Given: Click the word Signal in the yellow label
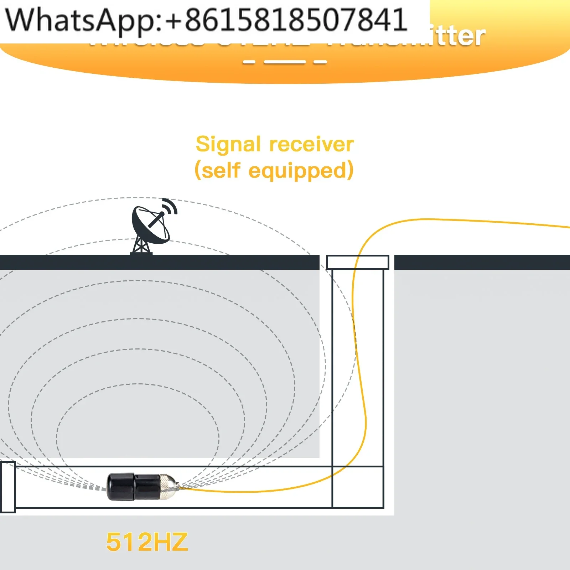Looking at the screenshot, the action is point(228,144).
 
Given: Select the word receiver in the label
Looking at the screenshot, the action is point(311,144).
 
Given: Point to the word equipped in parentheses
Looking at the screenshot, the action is point(297,171).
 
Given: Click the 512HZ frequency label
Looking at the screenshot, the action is point(147,542).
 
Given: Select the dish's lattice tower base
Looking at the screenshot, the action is point(141,246).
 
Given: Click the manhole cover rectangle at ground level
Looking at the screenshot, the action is point(358,263).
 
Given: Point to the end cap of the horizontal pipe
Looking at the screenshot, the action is point(7,487).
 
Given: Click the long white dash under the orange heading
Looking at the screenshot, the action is point(285,62).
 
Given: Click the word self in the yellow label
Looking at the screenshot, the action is point(221,171).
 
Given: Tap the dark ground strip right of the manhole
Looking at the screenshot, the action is point(481,262).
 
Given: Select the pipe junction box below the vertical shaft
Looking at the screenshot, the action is point(358,487).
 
